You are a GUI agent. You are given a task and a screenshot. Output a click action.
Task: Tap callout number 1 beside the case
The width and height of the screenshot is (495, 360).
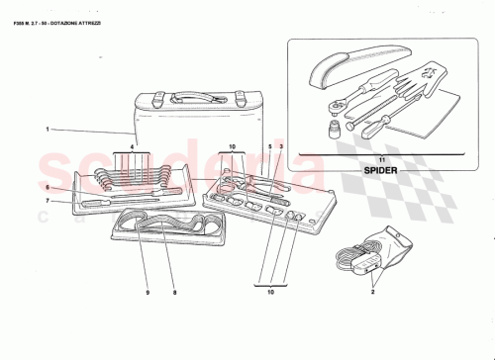(47, 129)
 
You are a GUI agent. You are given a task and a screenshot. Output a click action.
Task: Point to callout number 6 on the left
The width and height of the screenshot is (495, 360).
(47, 187)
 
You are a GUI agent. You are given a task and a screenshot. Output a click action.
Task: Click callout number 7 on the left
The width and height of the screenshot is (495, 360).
(47, 201)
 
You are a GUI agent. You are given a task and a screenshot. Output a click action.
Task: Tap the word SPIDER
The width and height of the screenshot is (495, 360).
(381, 172)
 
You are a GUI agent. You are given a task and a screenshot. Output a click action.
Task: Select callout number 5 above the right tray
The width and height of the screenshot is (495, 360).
(268, 147)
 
